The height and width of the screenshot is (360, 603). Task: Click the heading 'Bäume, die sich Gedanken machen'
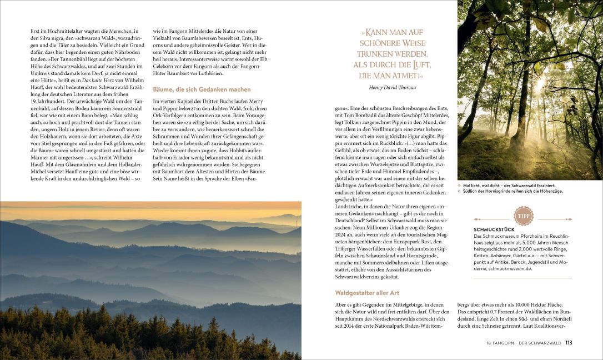202,89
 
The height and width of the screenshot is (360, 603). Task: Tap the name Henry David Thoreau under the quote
391,87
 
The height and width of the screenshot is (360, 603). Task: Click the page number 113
569,343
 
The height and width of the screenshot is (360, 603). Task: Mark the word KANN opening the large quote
382,33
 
